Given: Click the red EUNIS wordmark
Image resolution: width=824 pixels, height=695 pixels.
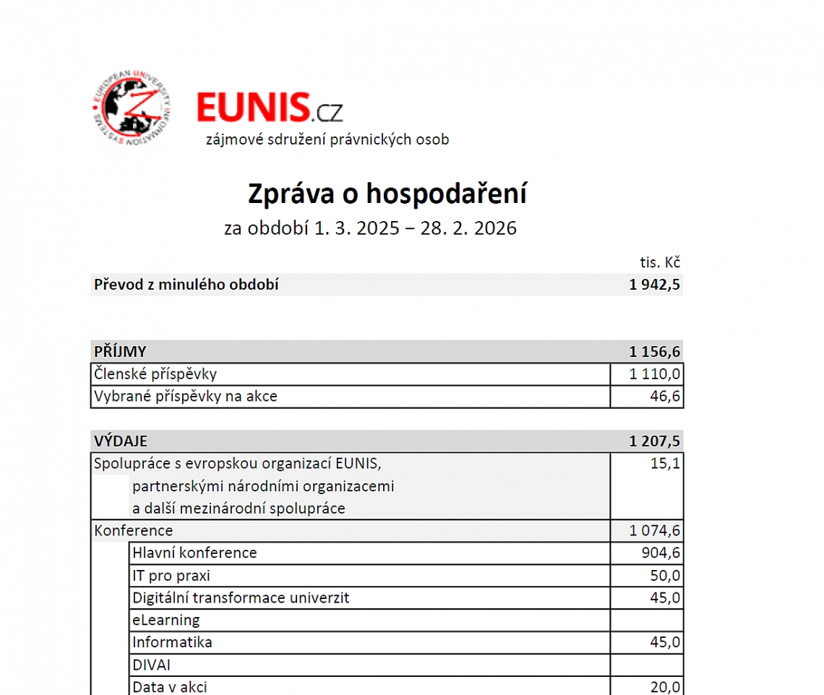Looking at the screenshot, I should pos(252,108).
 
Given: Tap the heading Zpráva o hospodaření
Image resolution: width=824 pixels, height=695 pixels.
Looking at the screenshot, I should pos(387,194).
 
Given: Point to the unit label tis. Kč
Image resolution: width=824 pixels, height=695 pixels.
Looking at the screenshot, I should pos(660,262).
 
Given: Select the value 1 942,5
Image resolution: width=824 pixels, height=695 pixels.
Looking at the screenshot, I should pos(654,285).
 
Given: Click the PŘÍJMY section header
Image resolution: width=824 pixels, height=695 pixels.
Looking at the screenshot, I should pos(121,352).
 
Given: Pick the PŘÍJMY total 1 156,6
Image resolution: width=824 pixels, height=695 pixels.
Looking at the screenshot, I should pos(654,352).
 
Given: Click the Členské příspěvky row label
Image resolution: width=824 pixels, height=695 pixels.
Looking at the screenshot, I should pos(155,374).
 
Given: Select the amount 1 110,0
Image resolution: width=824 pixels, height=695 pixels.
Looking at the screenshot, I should pos(654,374).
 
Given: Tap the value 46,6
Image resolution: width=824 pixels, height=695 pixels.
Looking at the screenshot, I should pos(665,397).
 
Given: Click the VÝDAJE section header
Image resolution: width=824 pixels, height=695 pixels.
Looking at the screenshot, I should pos(121,441).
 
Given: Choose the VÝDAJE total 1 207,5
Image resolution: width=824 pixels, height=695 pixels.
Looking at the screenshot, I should pos(654,441).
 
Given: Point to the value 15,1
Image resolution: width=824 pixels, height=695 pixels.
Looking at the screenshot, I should pos(665,463).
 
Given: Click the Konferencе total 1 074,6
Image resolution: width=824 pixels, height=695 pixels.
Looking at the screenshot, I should pos(654,531).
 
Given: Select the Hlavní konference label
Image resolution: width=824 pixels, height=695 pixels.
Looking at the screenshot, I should pos(194,553).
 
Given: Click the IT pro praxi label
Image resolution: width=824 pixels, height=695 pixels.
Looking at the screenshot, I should pos(171,576).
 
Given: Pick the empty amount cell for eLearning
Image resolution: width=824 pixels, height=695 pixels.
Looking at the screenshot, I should pos(646,620).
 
